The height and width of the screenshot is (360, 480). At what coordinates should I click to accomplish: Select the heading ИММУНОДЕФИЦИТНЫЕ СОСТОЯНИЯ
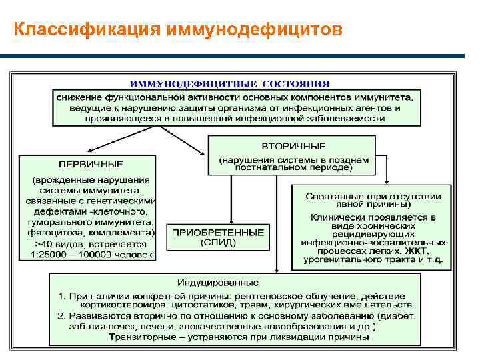click(x=229, y=83)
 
